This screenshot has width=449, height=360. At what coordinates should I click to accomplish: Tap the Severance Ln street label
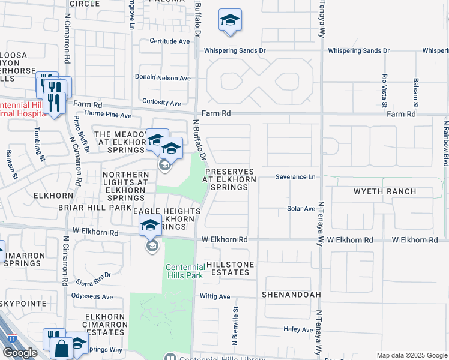pos(295,177)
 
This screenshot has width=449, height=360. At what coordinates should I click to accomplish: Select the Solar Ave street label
pos(301,209)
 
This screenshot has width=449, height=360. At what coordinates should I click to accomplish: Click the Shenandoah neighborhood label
pos(288,296)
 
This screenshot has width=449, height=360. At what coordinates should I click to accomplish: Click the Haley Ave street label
pos(299,329)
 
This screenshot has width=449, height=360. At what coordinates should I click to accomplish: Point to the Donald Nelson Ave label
pos(163,78)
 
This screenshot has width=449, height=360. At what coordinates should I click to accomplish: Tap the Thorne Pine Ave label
pos(108,115)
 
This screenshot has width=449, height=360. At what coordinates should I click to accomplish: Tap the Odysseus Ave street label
pos(92,297)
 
